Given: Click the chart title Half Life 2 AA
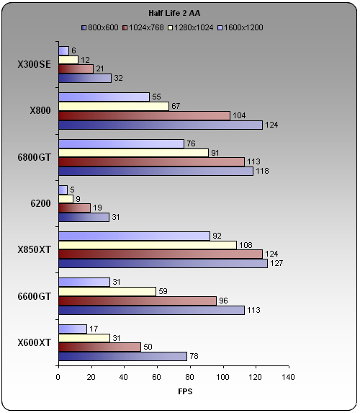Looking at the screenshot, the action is click(174, 13).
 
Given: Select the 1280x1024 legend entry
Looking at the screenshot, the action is click(191, 27).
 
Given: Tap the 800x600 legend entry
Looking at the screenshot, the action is click(100, 27).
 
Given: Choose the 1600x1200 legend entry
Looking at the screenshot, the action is click(240, 27).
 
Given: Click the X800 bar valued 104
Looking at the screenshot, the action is click(144, 115).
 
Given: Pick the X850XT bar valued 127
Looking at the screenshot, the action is click(163, 263).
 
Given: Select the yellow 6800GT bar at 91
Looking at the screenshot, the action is click(133, 153).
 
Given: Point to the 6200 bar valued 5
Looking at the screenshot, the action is click(63, 190).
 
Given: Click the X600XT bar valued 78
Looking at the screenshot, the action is click(122, 356).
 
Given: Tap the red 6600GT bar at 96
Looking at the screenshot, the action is click(138, 301).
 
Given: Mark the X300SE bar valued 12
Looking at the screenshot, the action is click(68, 60).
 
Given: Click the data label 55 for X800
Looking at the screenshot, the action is click(156, 97).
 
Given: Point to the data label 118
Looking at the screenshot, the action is click(262, 171).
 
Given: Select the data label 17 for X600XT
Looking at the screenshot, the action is click(94, 329).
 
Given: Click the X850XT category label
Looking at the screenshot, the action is click(35, 249).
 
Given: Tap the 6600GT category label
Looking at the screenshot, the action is click(35, 296).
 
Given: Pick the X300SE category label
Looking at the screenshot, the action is click(35, 65).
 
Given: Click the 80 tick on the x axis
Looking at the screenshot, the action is click(189, 377).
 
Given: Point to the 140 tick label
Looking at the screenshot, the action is click(288, 377).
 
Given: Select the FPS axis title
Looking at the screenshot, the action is click(185, 391).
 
